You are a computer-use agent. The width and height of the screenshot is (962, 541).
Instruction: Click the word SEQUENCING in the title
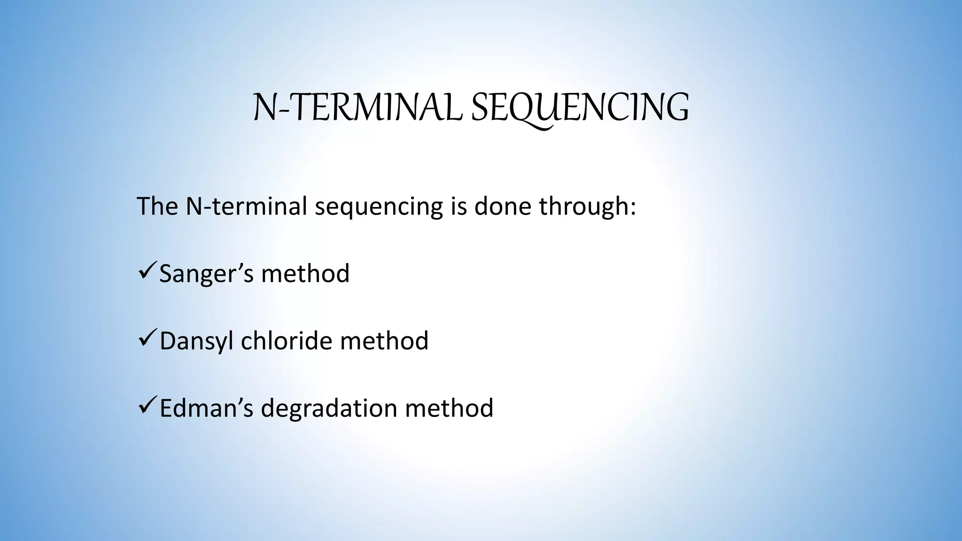(580, 108)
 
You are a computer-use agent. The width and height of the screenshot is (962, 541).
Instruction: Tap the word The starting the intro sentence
(157, 206)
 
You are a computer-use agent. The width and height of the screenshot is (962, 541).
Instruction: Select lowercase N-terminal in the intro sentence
(246, 206)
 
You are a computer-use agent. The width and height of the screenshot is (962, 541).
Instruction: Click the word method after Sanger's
(305, 273)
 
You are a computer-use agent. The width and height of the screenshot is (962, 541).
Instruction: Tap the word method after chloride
(384, 340)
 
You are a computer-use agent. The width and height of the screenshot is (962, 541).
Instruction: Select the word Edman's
(206, 408)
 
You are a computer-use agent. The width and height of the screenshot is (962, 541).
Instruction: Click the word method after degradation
(449, 408)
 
